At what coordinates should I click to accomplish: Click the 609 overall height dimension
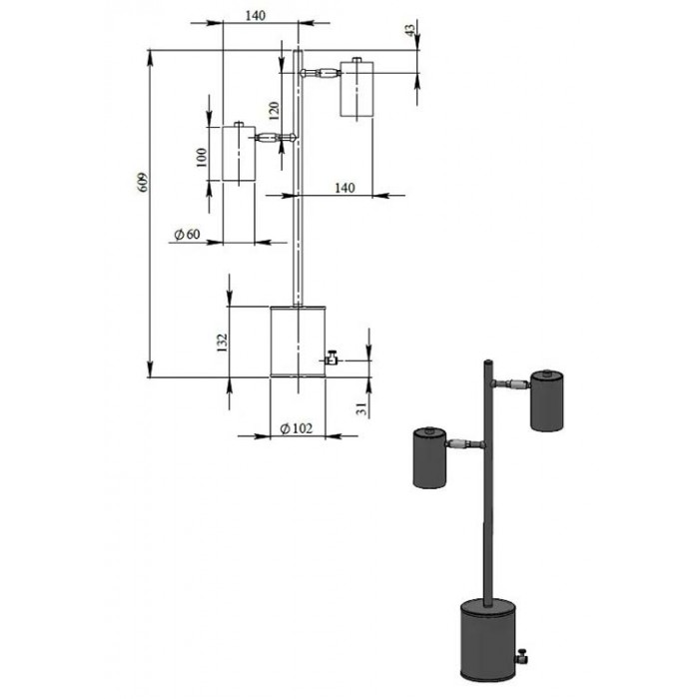(143, 182)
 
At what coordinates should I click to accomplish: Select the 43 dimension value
(409, 29)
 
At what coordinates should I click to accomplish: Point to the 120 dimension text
(274, 111)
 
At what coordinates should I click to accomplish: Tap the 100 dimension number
(202, 158)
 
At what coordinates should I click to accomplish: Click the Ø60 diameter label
(188, 234)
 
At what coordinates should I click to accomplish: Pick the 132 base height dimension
(222, 343)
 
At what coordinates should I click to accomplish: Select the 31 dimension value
(361, 408)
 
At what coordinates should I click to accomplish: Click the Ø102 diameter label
(296, 428)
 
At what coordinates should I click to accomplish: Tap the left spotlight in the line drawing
(239, 152)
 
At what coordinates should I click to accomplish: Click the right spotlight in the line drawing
(356, 88)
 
